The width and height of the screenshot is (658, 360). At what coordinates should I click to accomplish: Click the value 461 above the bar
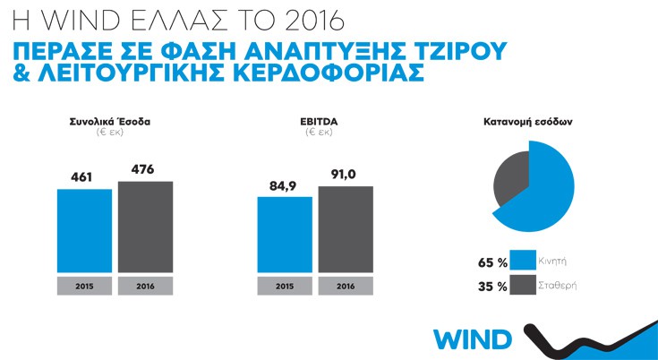point(83,177)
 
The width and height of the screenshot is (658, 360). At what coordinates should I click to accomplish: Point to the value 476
point(144,168)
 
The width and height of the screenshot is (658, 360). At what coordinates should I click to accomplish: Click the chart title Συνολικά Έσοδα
point(114,122)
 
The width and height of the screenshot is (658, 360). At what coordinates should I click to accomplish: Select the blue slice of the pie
point(546,193)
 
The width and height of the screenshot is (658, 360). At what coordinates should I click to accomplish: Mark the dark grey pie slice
point(511,176)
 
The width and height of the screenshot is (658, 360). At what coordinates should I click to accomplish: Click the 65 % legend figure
point(493,263)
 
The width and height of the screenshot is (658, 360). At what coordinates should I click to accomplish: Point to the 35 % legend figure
point(493,287)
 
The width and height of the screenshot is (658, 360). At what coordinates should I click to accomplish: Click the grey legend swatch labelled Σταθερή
point(524,287)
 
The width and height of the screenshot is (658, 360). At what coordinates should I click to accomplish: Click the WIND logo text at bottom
point(473,340)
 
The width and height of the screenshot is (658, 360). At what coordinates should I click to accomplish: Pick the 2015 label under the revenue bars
point(84,286)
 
